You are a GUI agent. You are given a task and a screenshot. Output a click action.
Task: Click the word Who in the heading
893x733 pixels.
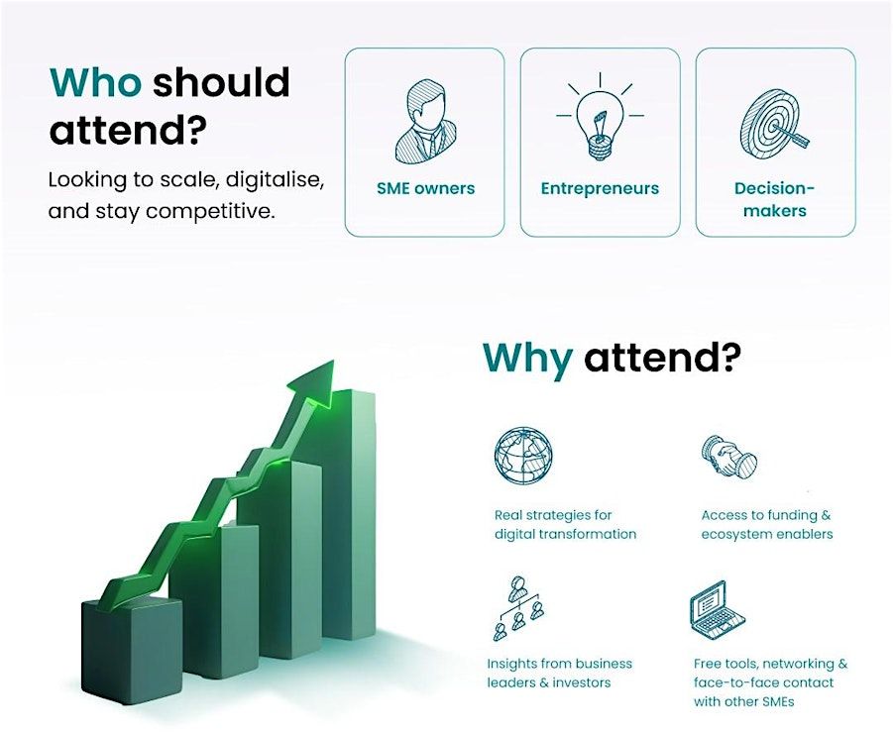click(x=95, y=82)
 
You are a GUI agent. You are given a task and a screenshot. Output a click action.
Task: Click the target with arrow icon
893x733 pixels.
click(x=775, y=124)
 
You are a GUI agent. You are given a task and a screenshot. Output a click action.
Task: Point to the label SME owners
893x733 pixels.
click(x=425, y=188)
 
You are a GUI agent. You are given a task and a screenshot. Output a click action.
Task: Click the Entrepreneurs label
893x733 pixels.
click(x=600, y=188)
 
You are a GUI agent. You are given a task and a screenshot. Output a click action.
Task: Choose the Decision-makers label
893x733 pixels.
click(x=774, y=199)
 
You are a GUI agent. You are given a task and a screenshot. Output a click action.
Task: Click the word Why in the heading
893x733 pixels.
click(x=527, y=358)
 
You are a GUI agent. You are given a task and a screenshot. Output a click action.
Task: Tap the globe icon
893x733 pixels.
click(x=522, y=456)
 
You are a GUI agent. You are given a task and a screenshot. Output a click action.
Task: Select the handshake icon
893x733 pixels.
click(x=729, y=456)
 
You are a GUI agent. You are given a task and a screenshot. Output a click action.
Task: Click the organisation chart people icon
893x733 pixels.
click(x=518, y=607)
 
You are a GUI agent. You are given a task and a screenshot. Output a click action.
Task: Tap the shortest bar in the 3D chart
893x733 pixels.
click(x=131, y=649)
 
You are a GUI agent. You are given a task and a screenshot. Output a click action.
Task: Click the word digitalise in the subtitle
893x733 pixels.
click(x=276, y=180)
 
